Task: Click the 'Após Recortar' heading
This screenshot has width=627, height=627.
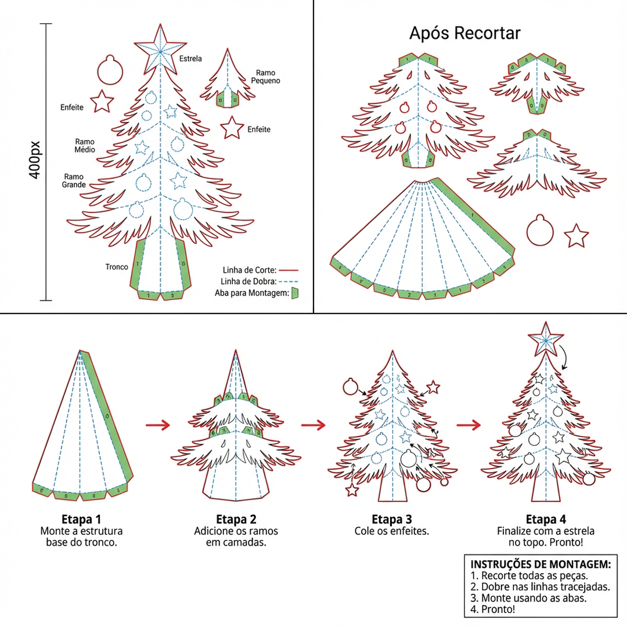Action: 465,33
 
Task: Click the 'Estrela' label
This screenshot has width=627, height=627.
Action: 190,59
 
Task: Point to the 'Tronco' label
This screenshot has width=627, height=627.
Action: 117,267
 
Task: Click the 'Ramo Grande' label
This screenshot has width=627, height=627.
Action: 74,181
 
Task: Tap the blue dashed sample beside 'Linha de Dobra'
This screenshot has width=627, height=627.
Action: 288,282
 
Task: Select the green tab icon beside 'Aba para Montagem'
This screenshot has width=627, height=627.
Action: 294,293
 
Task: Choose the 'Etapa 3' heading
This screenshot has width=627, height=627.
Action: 391,519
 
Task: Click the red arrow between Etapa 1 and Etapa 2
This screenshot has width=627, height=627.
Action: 157,425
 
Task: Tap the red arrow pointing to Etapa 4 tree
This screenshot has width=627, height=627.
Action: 469,425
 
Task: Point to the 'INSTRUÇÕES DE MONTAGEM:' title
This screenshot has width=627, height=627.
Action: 540,564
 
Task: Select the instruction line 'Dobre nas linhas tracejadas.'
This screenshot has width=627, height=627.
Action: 540,587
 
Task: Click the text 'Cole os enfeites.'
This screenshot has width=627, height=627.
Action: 391,531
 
